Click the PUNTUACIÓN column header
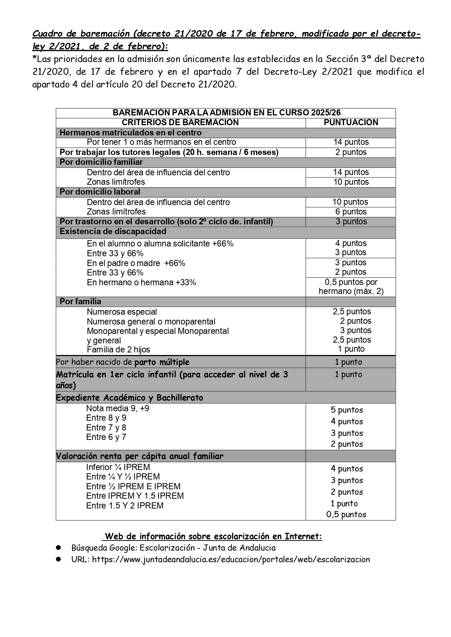(x=351, y=123)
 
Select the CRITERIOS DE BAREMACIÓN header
(x=180, y=123)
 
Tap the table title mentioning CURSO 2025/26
(x=226, y=113)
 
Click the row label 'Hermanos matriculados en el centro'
(x=130, y=132)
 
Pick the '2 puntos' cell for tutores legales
(x=351, y=152)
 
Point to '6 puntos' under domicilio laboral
(x=351, y=212)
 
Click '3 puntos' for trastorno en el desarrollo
(x=351, y=222)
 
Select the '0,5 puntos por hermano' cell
(x=351, y=287)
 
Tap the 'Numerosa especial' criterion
(x=122, y=312)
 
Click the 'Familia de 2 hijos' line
(x=118, y=350)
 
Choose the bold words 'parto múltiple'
(x=162, y=362)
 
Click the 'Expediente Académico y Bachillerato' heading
(x=129, y=398)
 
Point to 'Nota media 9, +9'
(x=118, y=409)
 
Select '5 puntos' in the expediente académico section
(x=347, y=410)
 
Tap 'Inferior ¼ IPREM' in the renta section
(x=118, y=467)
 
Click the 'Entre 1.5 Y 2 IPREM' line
(x=125, y=506)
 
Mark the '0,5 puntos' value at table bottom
(x=346, y=514)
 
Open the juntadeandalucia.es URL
(x=231, y=559)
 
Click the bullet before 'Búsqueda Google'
(x=58, y=548)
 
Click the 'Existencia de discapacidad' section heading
(x=113, y=232)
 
